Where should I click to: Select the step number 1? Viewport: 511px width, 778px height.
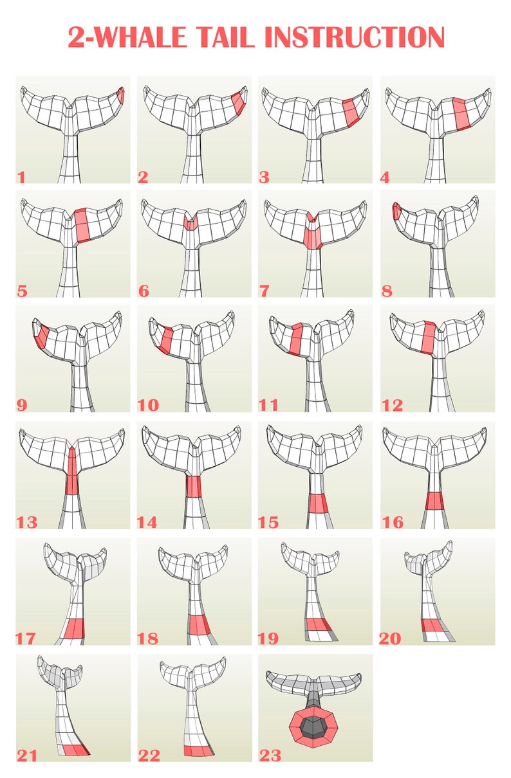(21, 176)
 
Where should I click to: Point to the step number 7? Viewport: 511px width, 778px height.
(265, 291)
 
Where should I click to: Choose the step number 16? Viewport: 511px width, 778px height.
(393, 522)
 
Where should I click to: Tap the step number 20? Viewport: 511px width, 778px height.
(390, 638)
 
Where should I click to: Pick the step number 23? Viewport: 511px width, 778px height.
(270, 755)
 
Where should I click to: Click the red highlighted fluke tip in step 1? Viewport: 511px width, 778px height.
(121, 95)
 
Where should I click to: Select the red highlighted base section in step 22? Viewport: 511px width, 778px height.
(198, 750)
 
